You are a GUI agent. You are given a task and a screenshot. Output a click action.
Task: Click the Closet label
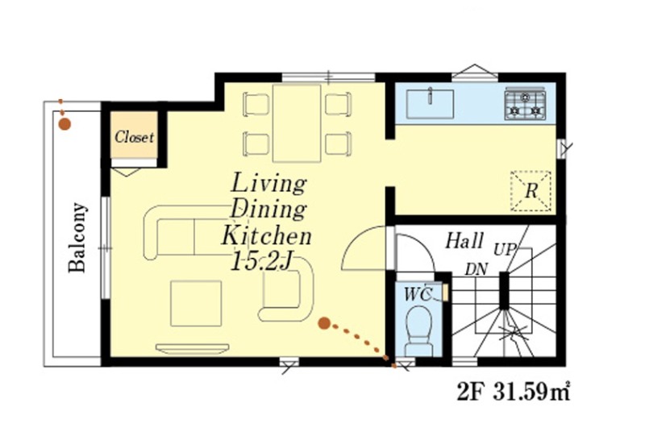(x=134, y=137)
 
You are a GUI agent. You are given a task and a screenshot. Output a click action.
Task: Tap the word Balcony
(x=77, y=237)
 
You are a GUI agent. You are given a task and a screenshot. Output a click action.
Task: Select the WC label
(x=418, y=294)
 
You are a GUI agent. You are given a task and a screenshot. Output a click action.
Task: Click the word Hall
(x=464, y=241)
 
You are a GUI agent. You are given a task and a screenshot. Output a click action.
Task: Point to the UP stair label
(x=505, y=250)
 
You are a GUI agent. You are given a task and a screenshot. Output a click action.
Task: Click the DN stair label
(x=476, y=270)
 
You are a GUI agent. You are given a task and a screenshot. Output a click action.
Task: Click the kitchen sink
(x=430, y=104)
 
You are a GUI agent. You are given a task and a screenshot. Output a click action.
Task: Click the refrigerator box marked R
(x=531, y=191)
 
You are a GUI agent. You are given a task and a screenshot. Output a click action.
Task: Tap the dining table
(x=297, y=123)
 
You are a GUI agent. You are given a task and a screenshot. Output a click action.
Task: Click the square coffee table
(x=196, y=304)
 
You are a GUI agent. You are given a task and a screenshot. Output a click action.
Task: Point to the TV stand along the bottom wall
(x=192, y=349)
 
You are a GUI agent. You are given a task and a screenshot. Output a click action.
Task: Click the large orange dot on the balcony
(x=64, y=123)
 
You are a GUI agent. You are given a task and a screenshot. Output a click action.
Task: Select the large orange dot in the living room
(x=324, y=324)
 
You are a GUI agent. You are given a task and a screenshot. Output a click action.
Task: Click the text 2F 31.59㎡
(x=513, y=392)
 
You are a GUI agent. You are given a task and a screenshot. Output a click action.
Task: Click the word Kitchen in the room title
(x=266, y=236)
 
